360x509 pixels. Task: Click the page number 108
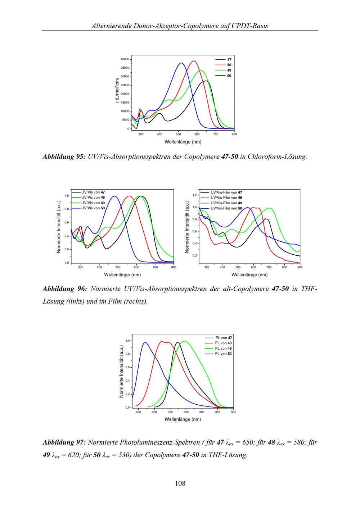180,483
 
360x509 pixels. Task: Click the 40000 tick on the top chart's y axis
125,59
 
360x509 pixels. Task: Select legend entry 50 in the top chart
229,76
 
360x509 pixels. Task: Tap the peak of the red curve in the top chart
194,61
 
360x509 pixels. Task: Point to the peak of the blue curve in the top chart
181,63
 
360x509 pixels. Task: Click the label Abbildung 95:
64,157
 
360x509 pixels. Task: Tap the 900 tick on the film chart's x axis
300,268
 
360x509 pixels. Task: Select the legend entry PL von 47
223,338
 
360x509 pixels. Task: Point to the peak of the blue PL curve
145,342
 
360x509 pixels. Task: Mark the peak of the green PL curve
185,341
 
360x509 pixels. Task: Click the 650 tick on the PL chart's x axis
154,412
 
